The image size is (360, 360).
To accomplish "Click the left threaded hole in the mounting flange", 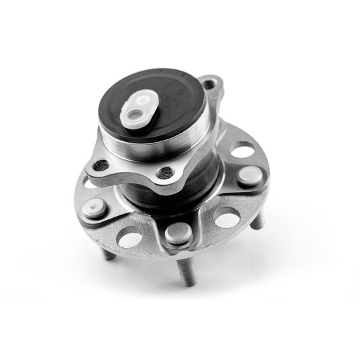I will (102, 164).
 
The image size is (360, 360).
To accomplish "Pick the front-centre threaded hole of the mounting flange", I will (161, 173).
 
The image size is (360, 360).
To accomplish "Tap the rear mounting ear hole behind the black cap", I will (211, 85).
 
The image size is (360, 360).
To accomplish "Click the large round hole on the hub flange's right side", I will (243, 150).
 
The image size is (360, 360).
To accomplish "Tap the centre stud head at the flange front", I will (177, 233).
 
